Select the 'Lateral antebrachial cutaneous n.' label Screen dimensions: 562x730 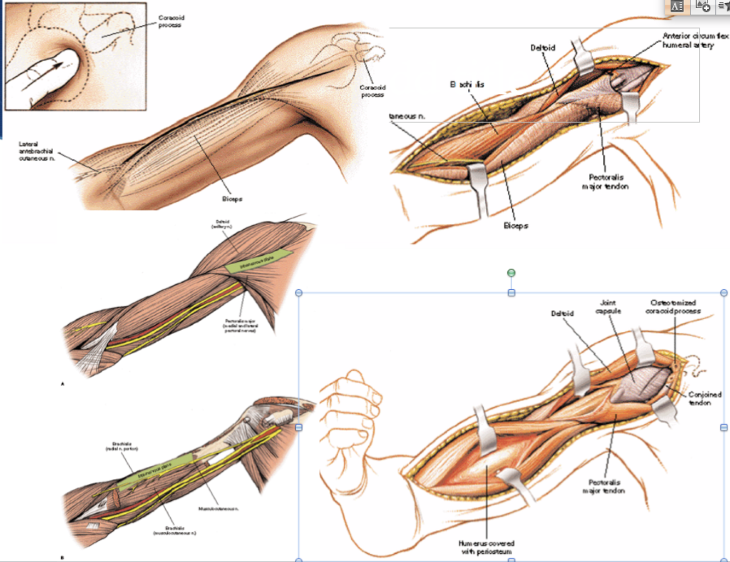[x=37, y=151]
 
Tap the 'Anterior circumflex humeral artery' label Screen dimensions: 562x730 [x=693, y=40]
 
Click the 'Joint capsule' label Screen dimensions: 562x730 [x=608, y=307]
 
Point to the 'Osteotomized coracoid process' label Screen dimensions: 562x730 [x=673, y=307]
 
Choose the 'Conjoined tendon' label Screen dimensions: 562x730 [x=704, y=399]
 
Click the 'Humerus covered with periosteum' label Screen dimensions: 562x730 [x=486, y=547]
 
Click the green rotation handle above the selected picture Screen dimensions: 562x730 [x=511, y=273]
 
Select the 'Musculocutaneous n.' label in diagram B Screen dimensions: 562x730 [x=218, y=509]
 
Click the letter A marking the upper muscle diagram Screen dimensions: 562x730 [x=62, y=384]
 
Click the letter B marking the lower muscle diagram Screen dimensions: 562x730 [x=62, y=558]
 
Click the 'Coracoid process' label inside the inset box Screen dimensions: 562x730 [x=171, y=21]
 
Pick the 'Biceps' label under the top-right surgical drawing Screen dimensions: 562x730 [x=515, y=225]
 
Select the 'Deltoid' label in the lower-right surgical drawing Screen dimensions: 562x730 [x=562, y=313]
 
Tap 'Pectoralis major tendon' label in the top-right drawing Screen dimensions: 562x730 [x=605, y=182]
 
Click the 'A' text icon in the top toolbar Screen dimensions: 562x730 [x=677, y=7]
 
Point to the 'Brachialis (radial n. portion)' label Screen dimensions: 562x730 [x=121, y=446]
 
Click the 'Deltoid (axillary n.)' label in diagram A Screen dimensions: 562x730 [x=222, y=224]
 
